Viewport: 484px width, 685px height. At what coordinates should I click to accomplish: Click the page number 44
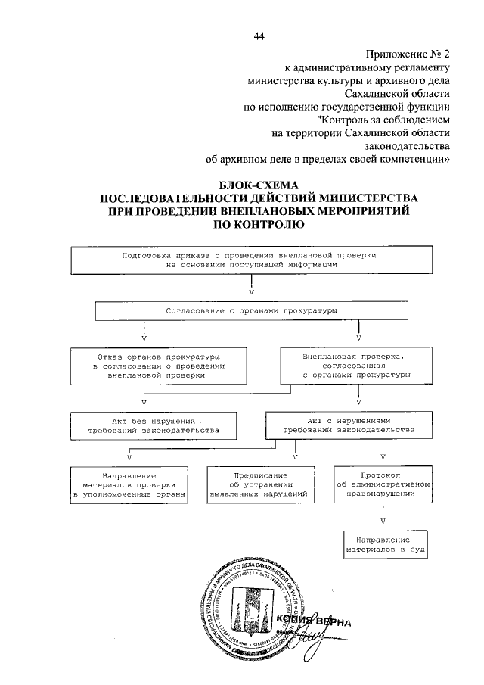click(259, 36)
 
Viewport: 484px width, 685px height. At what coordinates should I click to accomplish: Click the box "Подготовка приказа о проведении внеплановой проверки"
click(250, 260)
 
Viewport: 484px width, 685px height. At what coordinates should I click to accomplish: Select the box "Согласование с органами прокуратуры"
click(250, 311)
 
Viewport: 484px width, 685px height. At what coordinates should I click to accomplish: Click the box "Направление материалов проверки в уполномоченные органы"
click(129, 484)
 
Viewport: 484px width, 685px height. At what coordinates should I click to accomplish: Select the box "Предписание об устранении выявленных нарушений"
click(257, 484)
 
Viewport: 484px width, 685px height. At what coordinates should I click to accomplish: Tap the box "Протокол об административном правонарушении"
click(383, 484)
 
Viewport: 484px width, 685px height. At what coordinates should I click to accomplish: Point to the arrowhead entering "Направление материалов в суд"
click(383, 522)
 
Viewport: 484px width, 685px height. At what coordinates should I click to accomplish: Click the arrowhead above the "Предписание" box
click(294, 456)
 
